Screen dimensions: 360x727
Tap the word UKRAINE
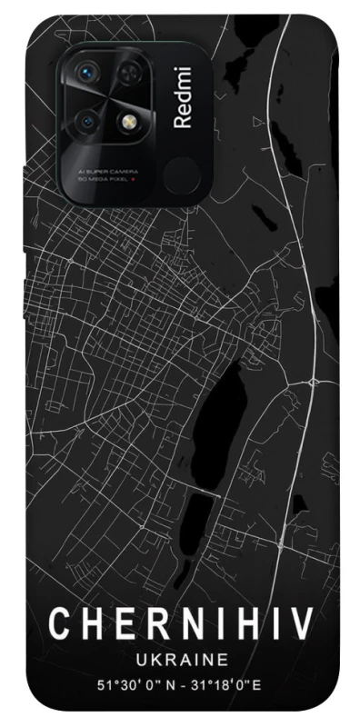pyautogui.click(x=180, y=658)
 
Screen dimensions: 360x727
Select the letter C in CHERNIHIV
pyautogui.click(x=57, y=624)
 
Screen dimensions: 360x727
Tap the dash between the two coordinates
pyautogui.click(x=183, y=684)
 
